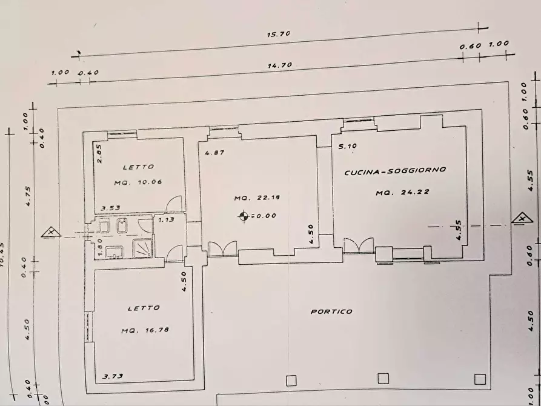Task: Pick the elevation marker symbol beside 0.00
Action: tap(244, 215)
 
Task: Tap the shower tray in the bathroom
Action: tap(142, 247)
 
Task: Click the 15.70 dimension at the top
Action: tap(279, 35)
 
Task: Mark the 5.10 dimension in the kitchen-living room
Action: tap(348, 146)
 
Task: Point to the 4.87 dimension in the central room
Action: tap(214, 153)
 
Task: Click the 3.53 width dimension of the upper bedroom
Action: tap(110, 208)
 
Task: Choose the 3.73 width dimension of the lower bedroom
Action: tap(114, 376)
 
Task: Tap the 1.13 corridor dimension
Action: tap(166, 219)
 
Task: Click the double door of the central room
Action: tap(222, 248)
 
